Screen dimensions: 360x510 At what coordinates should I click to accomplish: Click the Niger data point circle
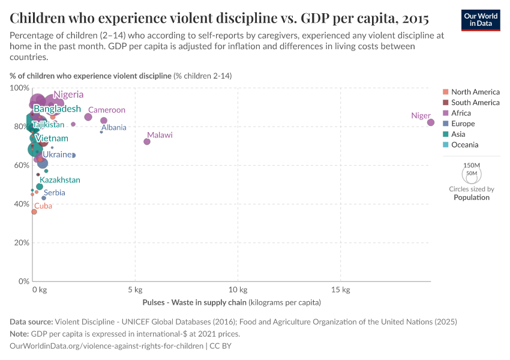coord(431,122)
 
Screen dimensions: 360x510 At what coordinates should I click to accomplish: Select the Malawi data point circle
coord(147,142)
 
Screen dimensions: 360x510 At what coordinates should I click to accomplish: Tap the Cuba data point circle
coord(34,212)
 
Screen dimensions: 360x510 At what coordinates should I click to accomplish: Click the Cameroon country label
coord(107,110)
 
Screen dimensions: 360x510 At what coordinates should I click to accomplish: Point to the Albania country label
coord(113,127)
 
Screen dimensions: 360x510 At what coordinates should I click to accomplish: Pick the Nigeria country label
coord(68,94)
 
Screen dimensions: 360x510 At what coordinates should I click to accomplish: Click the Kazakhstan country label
coord(60,180)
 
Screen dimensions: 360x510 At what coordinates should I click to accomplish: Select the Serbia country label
coord(54,193)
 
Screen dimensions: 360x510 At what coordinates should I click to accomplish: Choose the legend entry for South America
coord(475,103)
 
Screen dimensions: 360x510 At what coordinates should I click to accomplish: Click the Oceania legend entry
coord(464,145)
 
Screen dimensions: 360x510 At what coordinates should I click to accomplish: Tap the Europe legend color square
coord(445,124)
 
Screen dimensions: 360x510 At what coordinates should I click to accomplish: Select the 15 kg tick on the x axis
coord(341,290)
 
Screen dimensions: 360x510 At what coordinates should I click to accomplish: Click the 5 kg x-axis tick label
coord(135,290)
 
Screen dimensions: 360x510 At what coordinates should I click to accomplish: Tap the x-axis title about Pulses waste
coord(232,302)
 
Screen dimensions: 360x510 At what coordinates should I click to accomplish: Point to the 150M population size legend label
coord(472,165)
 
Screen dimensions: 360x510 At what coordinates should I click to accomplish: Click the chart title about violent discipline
coord(219,16)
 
